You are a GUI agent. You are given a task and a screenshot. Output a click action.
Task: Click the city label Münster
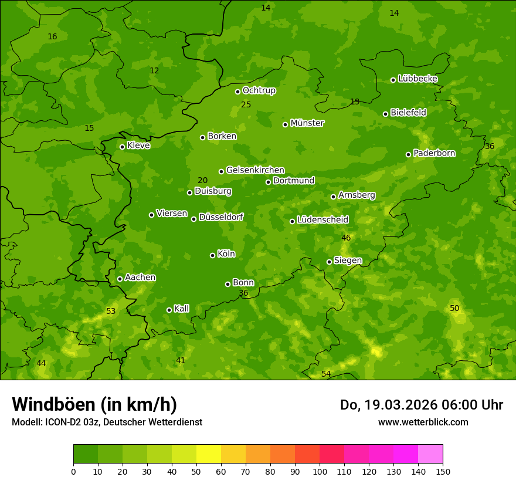point(307,123)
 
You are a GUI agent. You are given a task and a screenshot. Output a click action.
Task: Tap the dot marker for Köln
point(212,255)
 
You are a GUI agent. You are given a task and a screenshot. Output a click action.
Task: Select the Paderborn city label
point(434,153)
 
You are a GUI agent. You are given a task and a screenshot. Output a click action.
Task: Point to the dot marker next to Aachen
point(120,279)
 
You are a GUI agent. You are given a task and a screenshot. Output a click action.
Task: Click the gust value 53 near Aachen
point(111,311)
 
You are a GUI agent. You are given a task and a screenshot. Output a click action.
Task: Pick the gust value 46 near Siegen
point(346,238)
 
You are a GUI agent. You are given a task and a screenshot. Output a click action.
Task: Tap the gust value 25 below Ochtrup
point(246,104)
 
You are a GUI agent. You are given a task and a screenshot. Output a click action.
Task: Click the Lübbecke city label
point(417,79)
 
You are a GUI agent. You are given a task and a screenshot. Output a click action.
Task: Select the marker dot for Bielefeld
point(385,114)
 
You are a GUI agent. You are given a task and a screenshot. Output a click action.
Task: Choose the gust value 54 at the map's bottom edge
point(326,374)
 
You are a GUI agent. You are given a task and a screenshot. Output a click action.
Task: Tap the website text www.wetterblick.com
point(423,422)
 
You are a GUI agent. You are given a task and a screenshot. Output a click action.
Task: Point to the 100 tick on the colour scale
point(320,471)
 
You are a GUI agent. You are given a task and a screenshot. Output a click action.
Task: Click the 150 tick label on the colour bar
point(443,471)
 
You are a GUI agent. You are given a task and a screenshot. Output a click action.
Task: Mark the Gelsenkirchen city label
point(255,170)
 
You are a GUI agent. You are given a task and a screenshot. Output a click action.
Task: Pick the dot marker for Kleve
point(122,147)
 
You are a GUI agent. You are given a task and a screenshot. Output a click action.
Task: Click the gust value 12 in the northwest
point(154,70)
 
